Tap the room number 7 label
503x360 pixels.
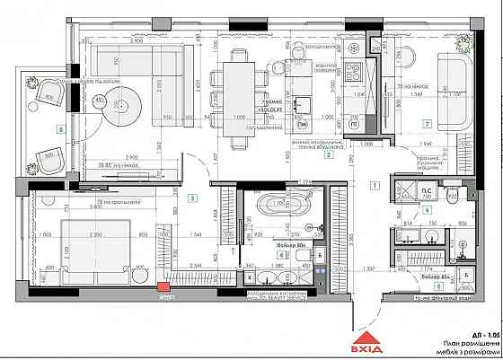tap(428, 123)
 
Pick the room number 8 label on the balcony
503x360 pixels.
tap(60, 129)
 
